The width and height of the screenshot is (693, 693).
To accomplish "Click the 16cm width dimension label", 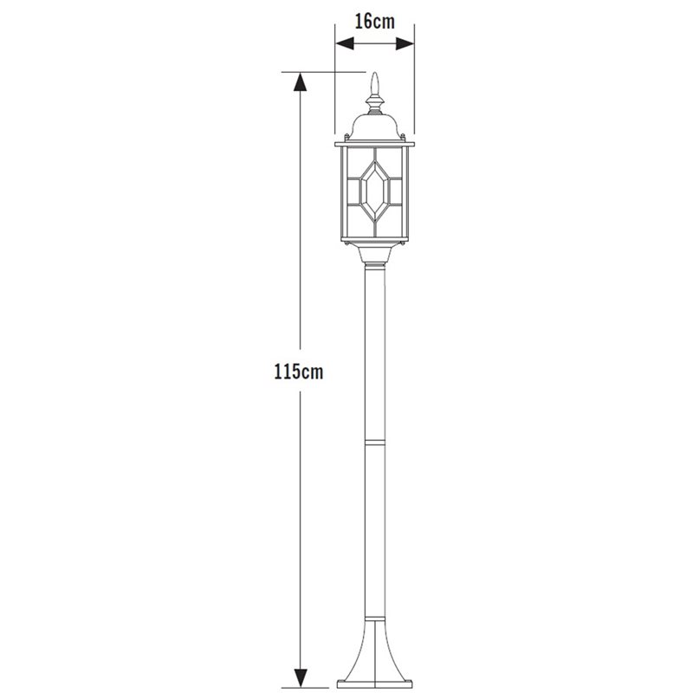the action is (375, 21).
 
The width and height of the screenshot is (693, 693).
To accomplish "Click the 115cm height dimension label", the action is (299, 372).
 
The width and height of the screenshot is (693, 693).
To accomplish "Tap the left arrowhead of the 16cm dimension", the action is (345, 43).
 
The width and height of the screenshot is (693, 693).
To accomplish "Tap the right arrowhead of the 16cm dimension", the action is (405, 43).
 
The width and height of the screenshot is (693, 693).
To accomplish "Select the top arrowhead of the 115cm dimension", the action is (301, 81).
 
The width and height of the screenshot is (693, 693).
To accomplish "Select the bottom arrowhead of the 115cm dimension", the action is (301, 678).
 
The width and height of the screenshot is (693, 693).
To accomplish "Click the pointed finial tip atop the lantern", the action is (375, 83).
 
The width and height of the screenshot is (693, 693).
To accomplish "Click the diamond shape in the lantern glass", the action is (375, 191).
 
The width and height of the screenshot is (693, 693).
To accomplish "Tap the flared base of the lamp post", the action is (375, 653).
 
